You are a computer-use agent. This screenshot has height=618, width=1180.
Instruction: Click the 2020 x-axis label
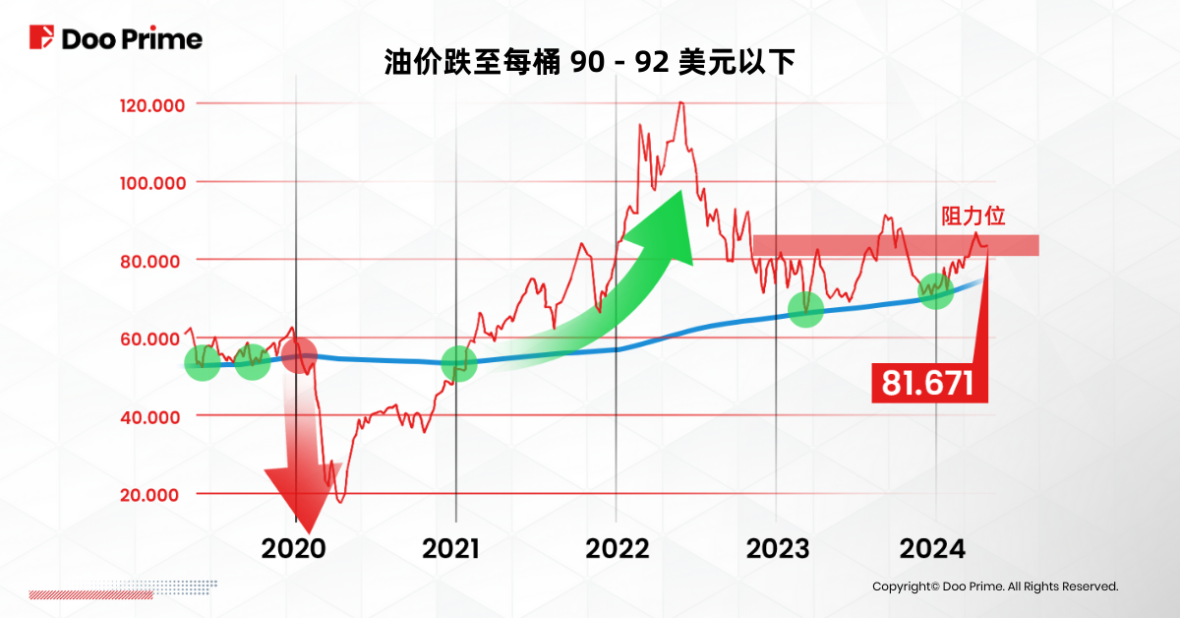click(x=293, y=547)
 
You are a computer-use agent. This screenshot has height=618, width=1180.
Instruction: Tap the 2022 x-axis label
click(x=618, y=547)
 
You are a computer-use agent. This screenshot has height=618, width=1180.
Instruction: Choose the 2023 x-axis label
click(x=778, y=547)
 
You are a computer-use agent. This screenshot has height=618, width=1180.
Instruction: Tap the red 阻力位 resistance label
click(x=973, y=216)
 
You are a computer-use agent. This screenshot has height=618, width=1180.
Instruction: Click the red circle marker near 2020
click(x=299, y=354)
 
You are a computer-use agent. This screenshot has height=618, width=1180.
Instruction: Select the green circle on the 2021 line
click(x=458, y=364)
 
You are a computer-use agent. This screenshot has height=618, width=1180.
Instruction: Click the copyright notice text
click(x=995, y=587)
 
